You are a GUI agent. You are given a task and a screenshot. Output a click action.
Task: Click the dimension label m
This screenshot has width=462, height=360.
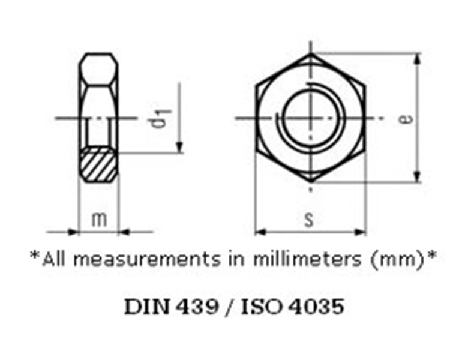click(99, 219)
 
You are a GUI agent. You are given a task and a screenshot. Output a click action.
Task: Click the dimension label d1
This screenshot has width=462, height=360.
click(158, 119)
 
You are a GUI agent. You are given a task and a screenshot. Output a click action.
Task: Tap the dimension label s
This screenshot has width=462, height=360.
click(310, 220)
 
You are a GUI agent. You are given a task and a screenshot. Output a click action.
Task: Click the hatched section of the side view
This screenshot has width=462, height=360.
click(99, 164)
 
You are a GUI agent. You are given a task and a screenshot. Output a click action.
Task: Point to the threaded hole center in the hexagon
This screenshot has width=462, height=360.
click(311, 118)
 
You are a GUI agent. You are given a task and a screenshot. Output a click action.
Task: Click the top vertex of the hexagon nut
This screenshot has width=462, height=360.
click(311, 55)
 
